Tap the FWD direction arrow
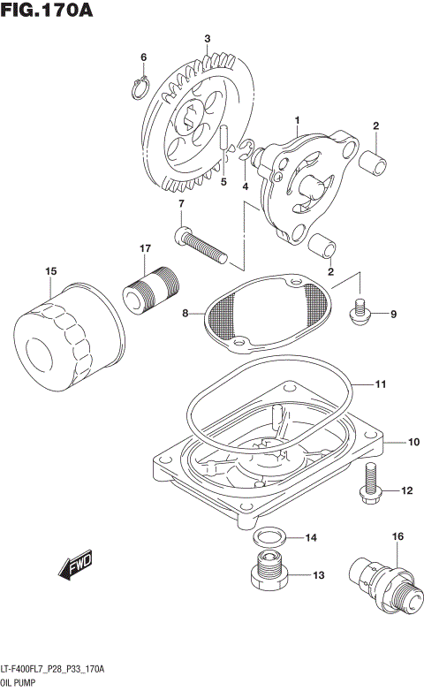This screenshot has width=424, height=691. point(76,564)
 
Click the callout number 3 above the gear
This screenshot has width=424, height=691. point(207,38)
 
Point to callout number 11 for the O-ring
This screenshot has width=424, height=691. point(381,384)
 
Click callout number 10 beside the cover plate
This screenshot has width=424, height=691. point(413,440)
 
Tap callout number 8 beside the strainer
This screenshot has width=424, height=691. point(185,312)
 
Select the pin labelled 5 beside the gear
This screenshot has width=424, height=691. point(225,141)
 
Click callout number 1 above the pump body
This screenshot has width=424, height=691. point(298,119)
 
